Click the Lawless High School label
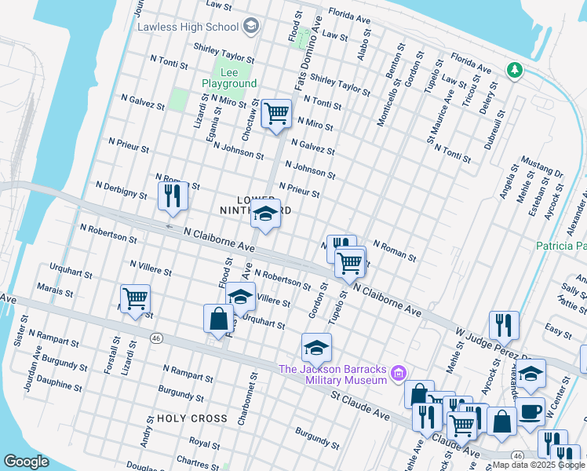pos(188,27)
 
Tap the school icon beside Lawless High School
pos(250,27)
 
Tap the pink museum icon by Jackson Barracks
pos(399,371)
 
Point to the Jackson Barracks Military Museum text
pos(334,374)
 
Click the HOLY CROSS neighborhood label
pos(192,418)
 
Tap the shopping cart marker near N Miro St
pos(276,114)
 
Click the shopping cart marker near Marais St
pos(135,298)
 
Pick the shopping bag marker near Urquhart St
pos(218,319)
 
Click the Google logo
pos(26,462)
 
